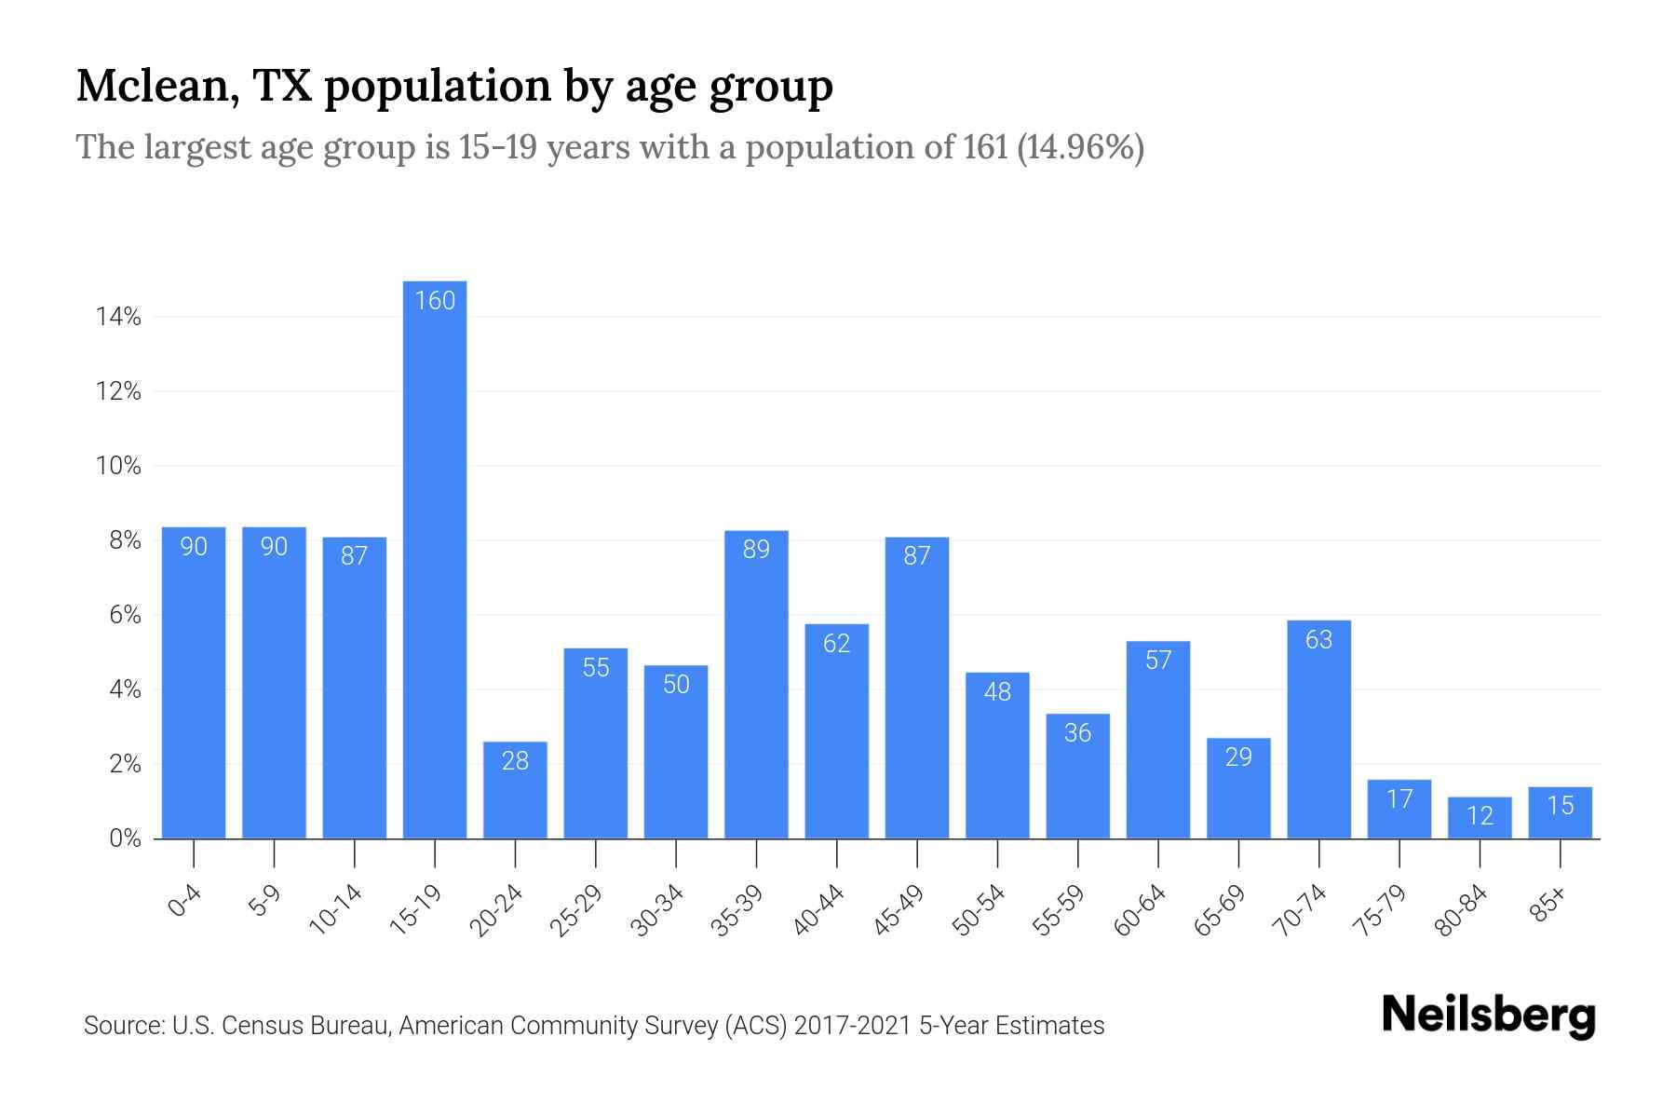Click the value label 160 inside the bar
click(435, 301)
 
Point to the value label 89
click(756, 550)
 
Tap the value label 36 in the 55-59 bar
click(1077, 733)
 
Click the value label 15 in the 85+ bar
click(1561, 805)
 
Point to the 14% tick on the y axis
click(118, 318)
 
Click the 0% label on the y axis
click(125, 838)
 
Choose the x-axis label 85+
click(1548, 906)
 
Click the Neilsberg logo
click(1488, 1016)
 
